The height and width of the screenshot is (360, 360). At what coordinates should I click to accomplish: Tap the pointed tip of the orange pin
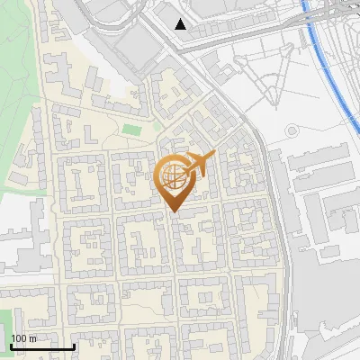[x=174, y=211]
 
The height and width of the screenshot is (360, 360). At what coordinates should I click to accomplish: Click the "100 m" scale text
[x=23, y=338]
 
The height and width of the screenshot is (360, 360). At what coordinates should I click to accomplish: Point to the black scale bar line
[x=41, y=346]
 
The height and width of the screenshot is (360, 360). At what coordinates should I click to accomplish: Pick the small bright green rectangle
[x=132, y=130]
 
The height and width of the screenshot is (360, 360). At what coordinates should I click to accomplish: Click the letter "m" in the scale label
[x=32, y=338]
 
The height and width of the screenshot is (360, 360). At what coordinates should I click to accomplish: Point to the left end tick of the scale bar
[x=10, y=345]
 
